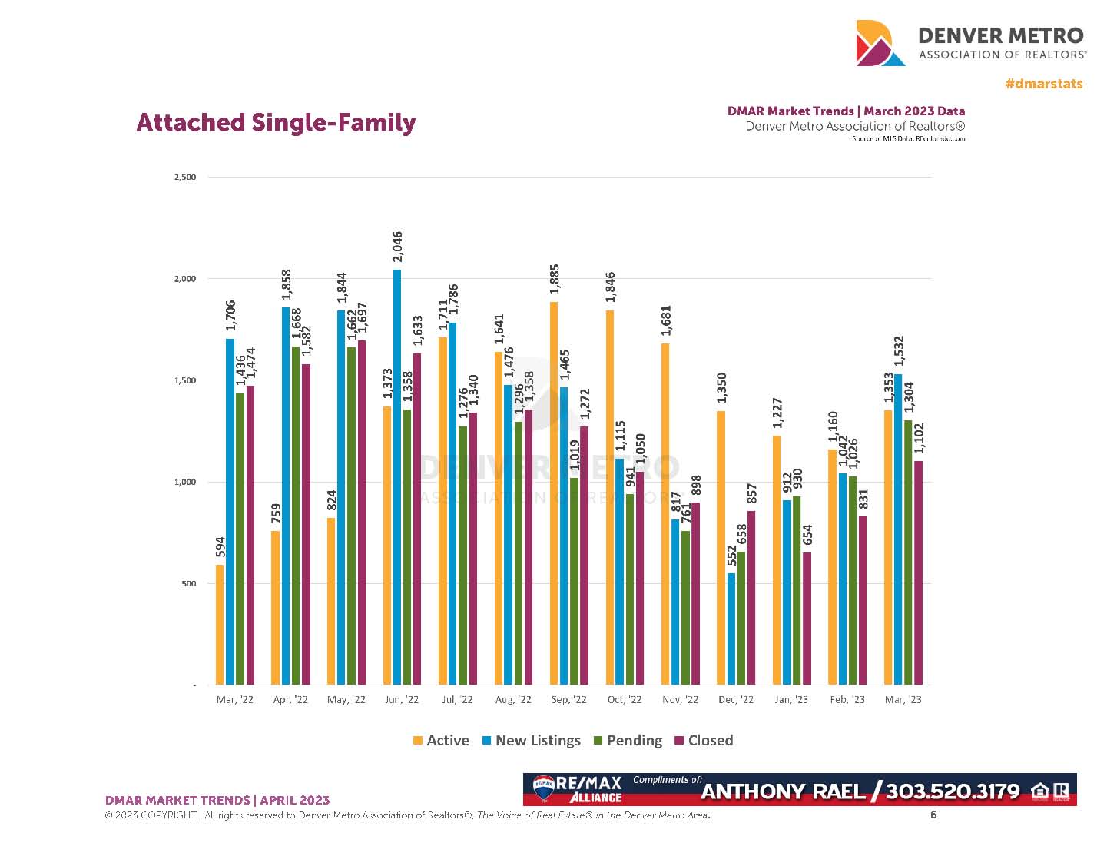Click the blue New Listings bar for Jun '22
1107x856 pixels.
[397, 476]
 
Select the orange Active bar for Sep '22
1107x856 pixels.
[554, 493]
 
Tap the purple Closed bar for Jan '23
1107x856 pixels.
[807, 618]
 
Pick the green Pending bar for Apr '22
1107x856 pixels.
[296, 515]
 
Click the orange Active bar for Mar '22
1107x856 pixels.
[220, 624]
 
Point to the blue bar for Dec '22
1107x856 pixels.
[731, 628]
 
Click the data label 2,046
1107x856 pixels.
[397, 247]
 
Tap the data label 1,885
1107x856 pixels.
[555, 279]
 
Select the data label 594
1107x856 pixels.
[220, 546]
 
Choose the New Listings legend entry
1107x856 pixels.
[532, 741]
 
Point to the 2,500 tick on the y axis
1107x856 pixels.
[185, 178]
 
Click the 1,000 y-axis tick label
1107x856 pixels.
[185, 483]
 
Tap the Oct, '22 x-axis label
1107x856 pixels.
[624, 700]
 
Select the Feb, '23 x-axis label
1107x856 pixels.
[847, 700]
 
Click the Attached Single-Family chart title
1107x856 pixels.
[276, 123]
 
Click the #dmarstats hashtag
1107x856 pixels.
[1043, 84]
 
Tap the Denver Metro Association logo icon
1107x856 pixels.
[880, 43]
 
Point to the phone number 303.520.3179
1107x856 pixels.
[953, 791]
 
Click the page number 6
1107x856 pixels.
[933, 815]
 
